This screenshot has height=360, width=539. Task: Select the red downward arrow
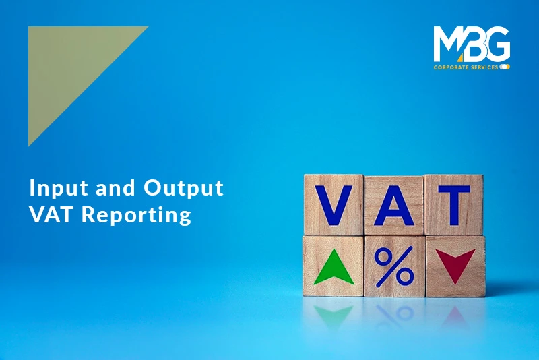point(455,265)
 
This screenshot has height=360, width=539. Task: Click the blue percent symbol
point(394,266)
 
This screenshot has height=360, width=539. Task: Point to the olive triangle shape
point(67,67)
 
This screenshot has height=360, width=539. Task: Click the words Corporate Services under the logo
point(466,67)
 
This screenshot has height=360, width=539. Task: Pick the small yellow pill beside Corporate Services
point(505,67)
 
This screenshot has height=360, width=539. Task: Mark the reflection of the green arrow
point(334,314)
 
